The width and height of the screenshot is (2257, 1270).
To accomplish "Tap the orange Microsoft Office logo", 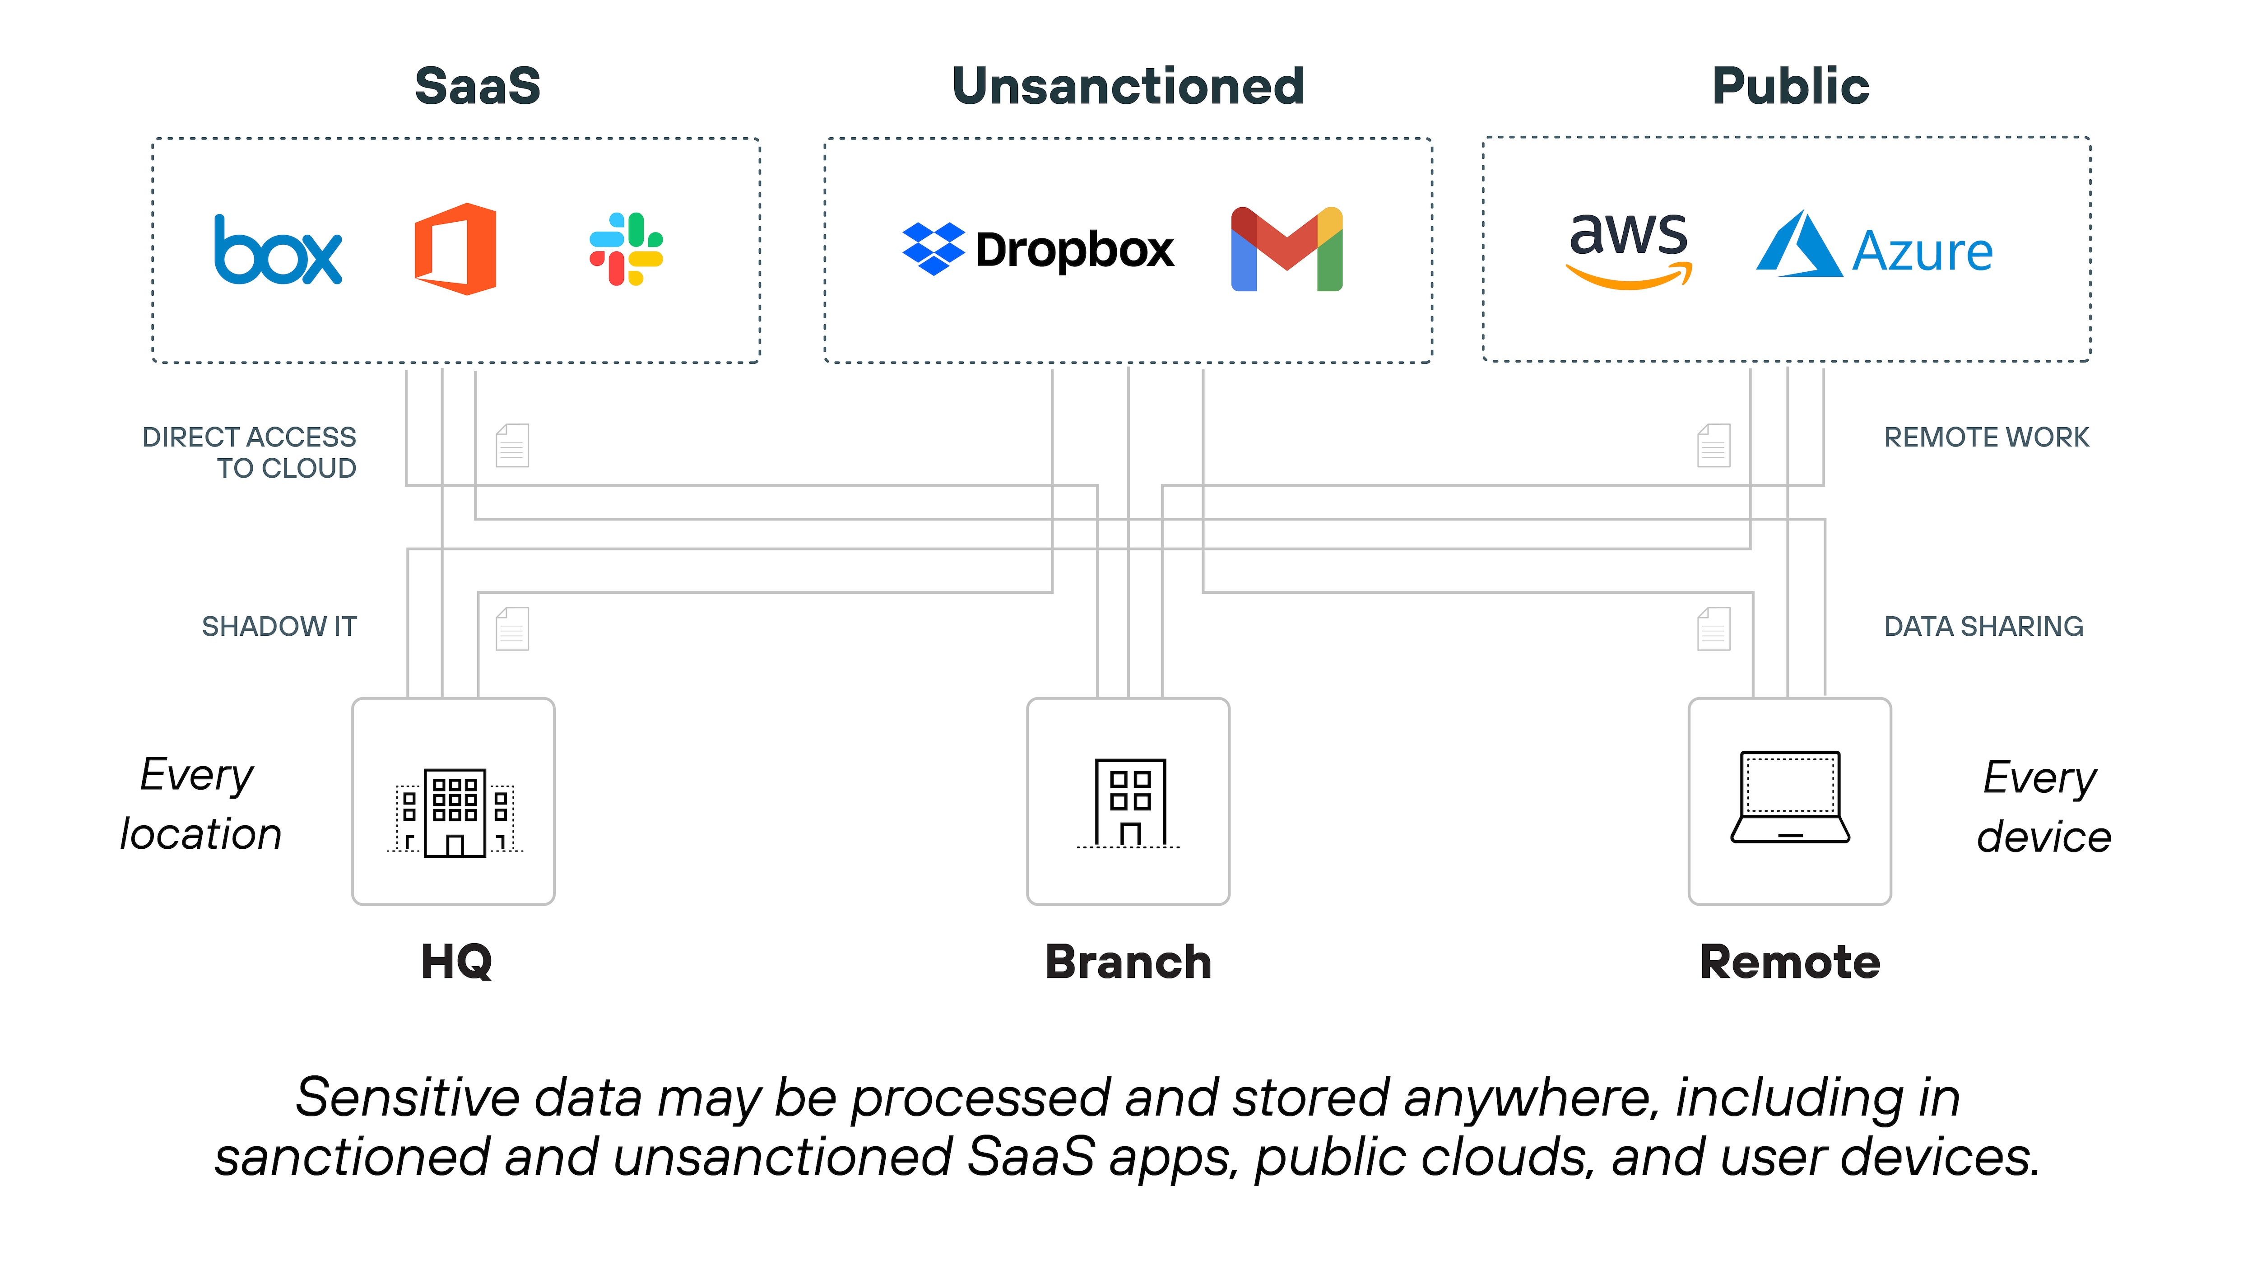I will [455, 249].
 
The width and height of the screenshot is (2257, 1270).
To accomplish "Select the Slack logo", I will [626, 249].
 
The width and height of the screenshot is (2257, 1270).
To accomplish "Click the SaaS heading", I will [478, 86].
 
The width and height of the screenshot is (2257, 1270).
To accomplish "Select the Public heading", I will [1790, 86].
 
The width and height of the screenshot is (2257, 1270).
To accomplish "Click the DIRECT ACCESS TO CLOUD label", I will [250, 452].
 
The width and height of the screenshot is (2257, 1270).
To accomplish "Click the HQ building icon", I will [454, 813].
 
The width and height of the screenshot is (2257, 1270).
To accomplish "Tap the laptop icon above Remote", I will [1790, 798].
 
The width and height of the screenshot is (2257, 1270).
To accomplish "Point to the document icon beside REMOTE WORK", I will [1714, 445].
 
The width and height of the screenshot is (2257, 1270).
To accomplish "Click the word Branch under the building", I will [1128, 963].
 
